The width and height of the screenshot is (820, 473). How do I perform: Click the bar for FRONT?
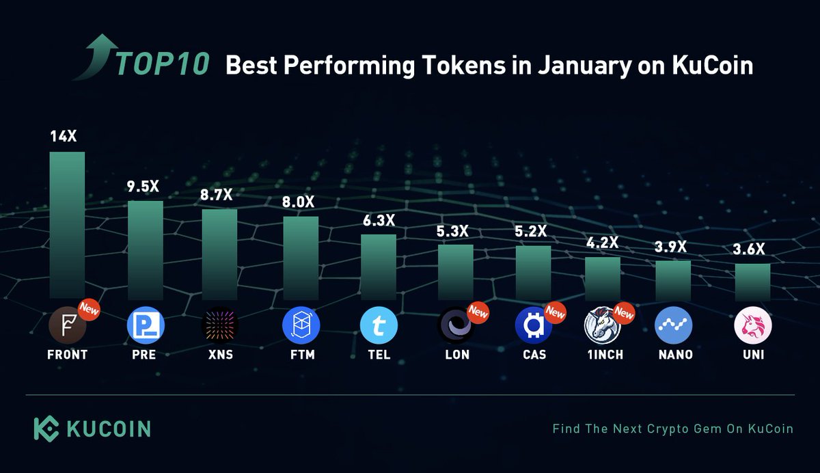(x=67, y=226)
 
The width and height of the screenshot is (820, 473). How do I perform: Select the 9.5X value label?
(x=145, y=186)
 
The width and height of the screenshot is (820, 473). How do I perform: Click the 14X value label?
(x=66, y=137)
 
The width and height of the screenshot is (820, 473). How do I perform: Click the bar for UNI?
(x=752, y=282)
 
